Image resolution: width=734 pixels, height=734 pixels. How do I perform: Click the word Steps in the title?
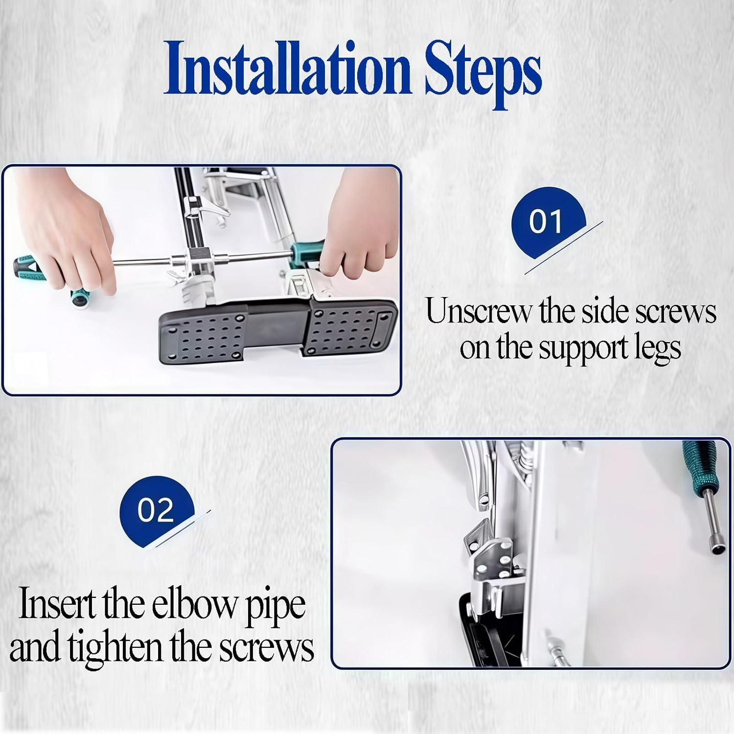(x=482, y=71)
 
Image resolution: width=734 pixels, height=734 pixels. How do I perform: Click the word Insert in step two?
(x=56, y=605)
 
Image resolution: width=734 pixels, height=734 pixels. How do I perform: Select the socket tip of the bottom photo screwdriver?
(x=715, y=546)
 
